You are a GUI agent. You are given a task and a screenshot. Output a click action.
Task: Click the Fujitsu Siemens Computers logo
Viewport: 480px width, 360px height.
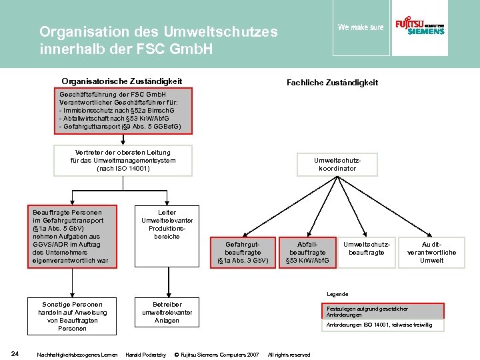point(419,27)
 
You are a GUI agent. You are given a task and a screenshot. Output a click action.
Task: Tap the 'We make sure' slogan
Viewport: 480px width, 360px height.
point(361,27)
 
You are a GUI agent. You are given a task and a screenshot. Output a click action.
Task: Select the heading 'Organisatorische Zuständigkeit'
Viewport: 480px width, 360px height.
point(122,81)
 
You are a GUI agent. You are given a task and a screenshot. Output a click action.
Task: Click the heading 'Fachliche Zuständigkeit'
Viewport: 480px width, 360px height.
point(332,82)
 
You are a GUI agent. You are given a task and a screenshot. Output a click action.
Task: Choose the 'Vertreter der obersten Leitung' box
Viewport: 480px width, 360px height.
point(123,161)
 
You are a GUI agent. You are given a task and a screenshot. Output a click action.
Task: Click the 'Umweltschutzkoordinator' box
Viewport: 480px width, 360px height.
point(337,164)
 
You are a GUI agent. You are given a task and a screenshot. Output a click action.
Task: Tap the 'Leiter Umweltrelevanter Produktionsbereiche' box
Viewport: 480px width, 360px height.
point(167,225)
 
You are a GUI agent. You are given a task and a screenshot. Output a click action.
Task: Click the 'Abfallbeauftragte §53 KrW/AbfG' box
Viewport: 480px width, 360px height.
point(307,252)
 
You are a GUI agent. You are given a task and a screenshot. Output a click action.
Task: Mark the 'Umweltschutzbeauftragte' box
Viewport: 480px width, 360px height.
point(367,248)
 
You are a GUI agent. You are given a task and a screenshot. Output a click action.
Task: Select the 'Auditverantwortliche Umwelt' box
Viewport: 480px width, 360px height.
point(431,252)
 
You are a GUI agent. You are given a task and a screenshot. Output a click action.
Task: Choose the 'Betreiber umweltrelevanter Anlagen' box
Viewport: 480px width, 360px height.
point(167,313)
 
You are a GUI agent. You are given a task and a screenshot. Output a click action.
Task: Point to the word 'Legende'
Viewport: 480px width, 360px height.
point(337,294)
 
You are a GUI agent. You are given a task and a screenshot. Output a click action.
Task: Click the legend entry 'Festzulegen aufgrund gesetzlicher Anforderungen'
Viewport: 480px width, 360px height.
point(383,311)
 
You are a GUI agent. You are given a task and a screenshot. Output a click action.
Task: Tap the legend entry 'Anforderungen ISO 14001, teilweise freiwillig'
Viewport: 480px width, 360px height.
point(383,325)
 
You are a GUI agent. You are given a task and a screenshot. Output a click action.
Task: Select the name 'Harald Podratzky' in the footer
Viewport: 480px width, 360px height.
point(145,355)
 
